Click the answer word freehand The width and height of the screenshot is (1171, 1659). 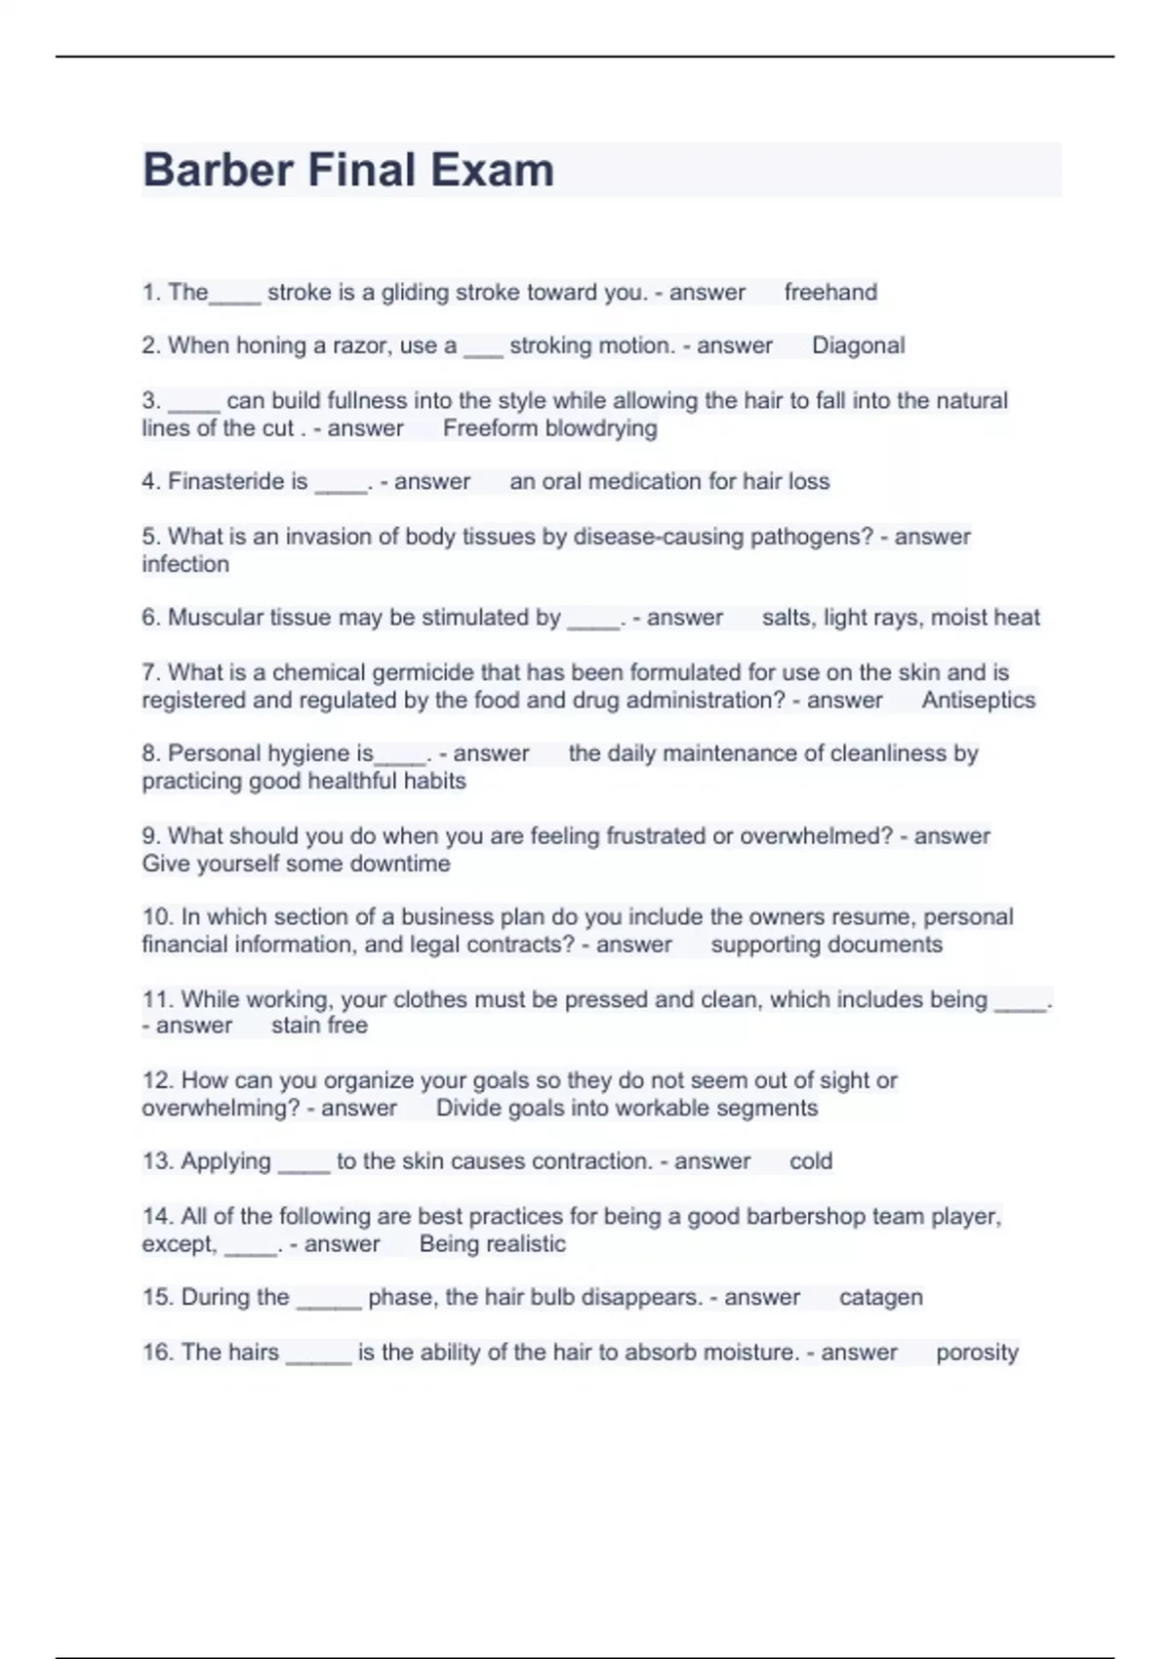(830, 292)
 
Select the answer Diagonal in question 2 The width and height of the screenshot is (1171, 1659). (858, 345)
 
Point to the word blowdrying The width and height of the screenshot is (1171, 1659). (600, 428)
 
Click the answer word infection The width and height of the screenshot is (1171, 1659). (185, 564)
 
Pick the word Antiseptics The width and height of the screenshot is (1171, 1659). (978, 700)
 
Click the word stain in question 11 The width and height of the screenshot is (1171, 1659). (296, 1026)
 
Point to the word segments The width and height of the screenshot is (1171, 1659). (766, 1109)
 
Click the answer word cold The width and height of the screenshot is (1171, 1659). (810, 1161)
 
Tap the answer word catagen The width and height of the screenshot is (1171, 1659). (880, 1298)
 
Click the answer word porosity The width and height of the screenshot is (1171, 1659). (976, 1353)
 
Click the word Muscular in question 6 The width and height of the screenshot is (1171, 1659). (212, 618)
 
